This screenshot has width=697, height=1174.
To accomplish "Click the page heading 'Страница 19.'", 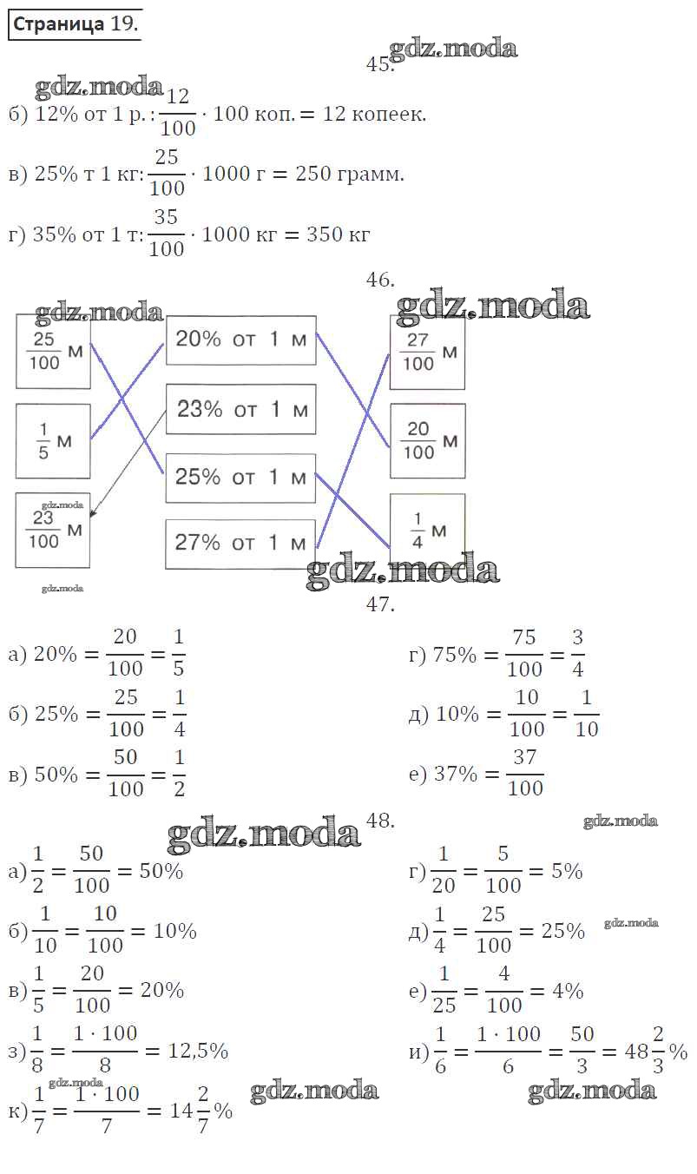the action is pyautogui.click(x=76, y=24).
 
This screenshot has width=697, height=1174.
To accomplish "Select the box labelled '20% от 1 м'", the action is pyautogui.click(x=241, y=340).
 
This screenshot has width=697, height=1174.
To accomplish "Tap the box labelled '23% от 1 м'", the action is pyautogui.click(x=241, y=409).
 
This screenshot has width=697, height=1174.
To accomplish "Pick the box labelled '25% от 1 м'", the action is pyautogui.click(x=240, y=478).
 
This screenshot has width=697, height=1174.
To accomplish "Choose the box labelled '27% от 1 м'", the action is pyautogui.click(x=240, y=544).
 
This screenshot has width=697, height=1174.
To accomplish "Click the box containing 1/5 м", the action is pyautogui.click(x=53, y=441).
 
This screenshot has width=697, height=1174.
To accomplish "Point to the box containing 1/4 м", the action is pyautogui.click(x=427, y=531).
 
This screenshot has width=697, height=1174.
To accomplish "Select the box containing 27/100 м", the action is pyautogui.click(x=427, y=353).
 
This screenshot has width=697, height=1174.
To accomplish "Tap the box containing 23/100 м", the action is pyautogui.click(x=52, y=530).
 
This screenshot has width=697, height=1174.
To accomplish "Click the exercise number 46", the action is pyautogui.click(x=380, y=280).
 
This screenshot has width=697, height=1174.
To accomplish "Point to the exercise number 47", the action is pyautogui.click(x=380, y=604).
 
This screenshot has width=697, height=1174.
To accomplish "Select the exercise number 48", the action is pyautogui.click(x=380, y=821).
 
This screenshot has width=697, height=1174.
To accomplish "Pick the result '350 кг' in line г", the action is pyautogui.click(x=338, y=234).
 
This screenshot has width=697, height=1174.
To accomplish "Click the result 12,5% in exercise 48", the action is pyautogui.click(x=198, y=1051).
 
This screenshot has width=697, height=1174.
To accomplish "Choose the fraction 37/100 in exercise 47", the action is pyautogui.click(x=525, y=773).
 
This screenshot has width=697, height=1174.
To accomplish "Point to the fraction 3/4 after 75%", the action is pyautogui.click(x=577, y=653).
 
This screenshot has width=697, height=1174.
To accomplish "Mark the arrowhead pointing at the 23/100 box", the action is pyautogui.click(x=93, y=514).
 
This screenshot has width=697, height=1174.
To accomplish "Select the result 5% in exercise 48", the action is pyautogui.click(x=567, y=871).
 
